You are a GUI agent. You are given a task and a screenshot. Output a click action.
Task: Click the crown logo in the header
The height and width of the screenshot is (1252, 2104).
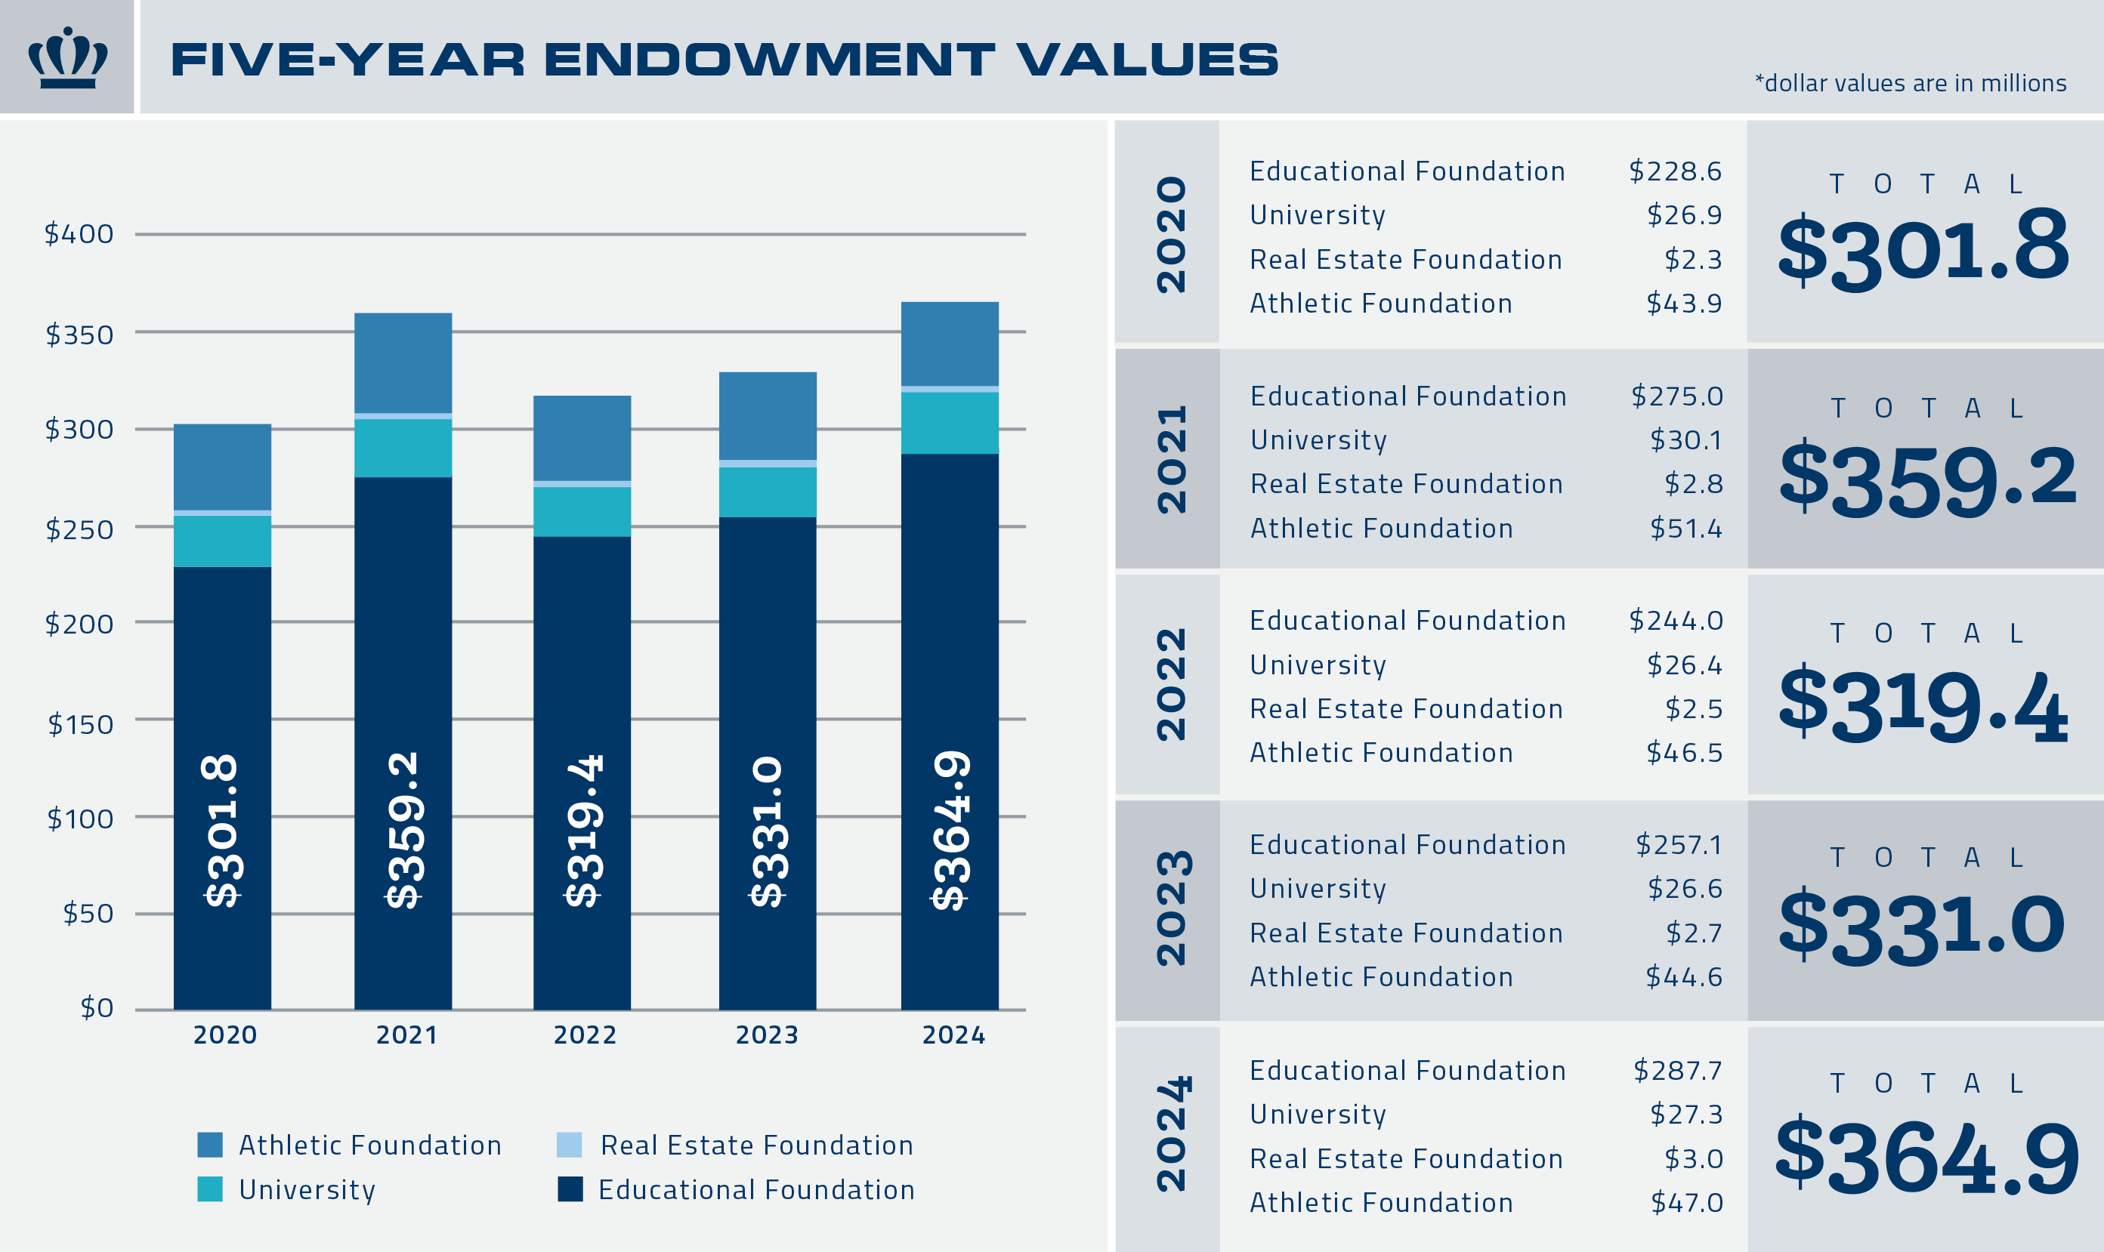67,57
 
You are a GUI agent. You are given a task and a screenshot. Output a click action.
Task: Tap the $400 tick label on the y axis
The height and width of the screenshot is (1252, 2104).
79,233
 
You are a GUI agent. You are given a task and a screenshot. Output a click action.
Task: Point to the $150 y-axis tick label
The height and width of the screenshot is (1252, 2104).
80,724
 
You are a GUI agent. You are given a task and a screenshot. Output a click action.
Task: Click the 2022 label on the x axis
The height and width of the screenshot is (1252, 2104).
585,1035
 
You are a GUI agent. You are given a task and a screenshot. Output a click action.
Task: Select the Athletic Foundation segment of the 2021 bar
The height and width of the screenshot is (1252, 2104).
403,362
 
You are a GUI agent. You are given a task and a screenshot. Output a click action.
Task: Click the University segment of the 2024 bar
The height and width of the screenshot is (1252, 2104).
950,423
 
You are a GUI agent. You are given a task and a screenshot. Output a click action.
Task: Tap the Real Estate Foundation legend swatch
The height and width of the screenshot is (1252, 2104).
570,1145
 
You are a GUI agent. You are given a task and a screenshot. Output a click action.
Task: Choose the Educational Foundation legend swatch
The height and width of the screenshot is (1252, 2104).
570,1189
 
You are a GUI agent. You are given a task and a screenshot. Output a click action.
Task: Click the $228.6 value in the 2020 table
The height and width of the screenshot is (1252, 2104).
1675,171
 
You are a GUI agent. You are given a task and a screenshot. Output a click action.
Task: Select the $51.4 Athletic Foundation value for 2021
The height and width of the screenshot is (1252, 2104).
1686,528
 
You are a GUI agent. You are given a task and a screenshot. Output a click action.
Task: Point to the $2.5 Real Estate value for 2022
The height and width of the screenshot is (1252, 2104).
1694,708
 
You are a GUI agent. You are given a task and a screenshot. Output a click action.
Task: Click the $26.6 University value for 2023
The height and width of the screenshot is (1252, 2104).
1685,888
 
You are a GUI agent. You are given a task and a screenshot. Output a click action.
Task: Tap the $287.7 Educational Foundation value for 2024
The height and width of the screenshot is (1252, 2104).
1678,1070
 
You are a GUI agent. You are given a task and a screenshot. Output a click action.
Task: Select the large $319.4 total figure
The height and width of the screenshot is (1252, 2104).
1923,704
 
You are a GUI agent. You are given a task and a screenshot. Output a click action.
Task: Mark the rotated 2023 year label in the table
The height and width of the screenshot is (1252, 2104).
1172,908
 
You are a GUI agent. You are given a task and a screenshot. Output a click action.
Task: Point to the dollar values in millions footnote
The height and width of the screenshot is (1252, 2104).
1910,84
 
